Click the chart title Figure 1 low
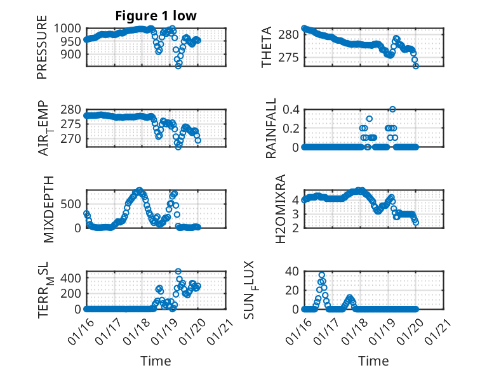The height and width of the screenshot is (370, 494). [156, 17]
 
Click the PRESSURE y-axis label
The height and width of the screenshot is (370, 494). [43, 51]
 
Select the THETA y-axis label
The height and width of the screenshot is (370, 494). [267, 47]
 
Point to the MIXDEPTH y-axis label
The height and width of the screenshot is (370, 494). [50, 209]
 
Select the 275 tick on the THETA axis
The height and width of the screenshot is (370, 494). [290, 58]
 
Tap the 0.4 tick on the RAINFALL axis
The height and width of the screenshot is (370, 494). [291, 109]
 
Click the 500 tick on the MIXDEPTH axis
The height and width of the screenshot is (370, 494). [72, 204]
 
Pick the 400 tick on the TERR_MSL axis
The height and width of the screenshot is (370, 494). [72, 277]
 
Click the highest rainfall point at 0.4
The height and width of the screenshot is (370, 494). [393, 109]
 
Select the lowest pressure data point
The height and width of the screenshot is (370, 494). [178, 65]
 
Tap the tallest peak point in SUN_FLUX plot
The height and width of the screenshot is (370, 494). [322, 274]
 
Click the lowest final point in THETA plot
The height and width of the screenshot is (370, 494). [416, 65]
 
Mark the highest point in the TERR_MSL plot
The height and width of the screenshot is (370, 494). [178, 272]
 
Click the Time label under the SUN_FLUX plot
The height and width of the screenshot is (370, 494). [373, 361]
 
